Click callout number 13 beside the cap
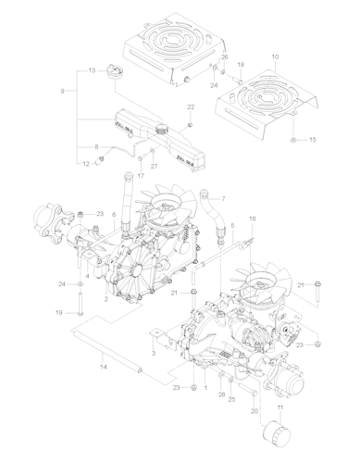click(92, 71)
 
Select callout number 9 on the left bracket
click(62, 91)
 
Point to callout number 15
click(312, 139)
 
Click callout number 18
click(241, 65)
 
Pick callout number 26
click(223, 57)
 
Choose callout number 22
click(191, 107)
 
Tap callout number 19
click(57, 314)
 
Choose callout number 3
click(152, 354)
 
